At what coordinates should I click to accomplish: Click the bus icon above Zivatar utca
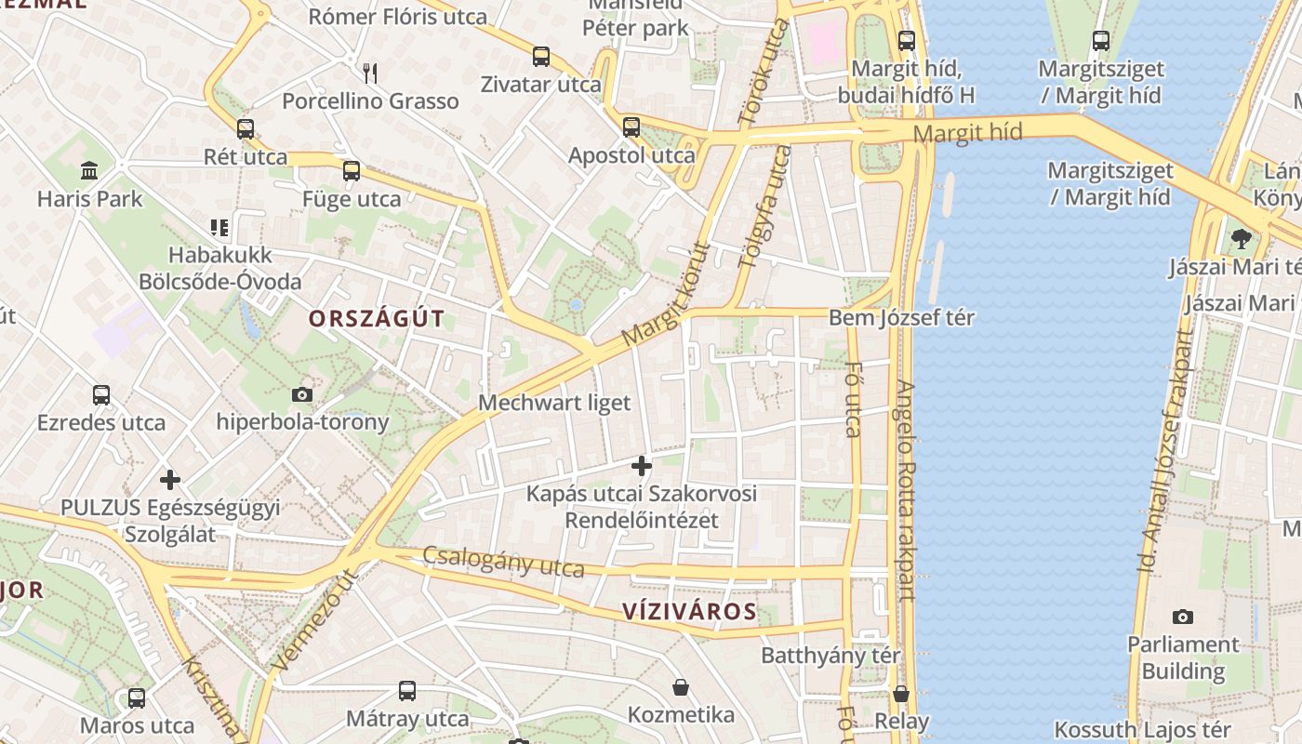coord(541,57)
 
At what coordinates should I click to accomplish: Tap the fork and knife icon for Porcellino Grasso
coord(370,73)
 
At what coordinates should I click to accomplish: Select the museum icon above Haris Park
coord(90,170)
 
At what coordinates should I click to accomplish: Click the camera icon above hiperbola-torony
coord(302,394)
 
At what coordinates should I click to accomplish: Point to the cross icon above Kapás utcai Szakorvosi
coord(642,466)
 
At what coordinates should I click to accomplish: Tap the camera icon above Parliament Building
coord(1183,617)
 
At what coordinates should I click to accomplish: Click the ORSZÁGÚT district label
coord(377,319)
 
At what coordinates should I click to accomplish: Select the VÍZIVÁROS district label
coord(689,611)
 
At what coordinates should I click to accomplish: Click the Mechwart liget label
coord(554,403)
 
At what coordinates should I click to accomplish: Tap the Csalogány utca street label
coord(503,562)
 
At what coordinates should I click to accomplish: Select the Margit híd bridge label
coord(967,132)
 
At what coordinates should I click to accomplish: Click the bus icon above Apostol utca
coord(631,127)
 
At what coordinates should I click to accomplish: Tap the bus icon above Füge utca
coord(352,171)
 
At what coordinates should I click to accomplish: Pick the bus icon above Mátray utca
coord(407,691)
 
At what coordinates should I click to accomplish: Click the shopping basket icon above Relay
coord(900,694)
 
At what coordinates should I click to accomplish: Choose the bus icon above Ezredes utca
coord(101,395)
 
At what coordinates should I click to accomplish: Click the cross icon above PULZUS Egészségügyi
coord(170,480)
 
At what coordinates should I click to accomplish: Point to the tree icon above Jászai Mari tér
coord(1241,239)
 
